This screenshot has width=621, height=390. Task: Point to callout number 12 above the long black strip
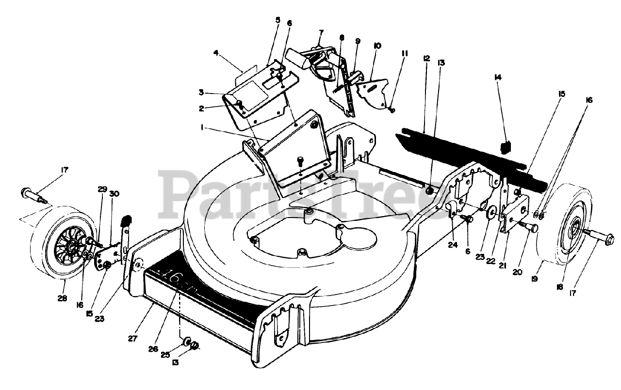426,58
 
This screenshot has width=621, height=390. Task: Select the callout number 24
453,245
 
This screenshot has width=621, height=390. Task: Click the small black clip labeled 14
507,145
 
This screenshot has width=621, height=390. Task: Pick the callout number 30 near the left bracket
114,194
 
